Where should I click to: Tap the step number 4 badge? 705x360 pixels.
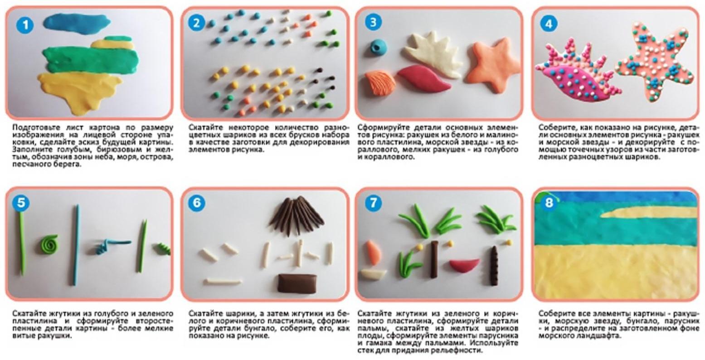549,24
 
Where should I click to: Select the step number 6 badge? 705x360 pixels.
197,202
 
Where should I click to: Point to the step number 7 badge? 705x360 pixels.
373,202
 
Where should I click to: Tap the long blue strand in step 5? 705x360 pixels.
76,245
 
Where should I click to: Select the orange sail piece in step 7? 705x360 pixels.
374,253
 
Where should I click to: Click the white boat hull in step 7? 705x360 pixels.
374,273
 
